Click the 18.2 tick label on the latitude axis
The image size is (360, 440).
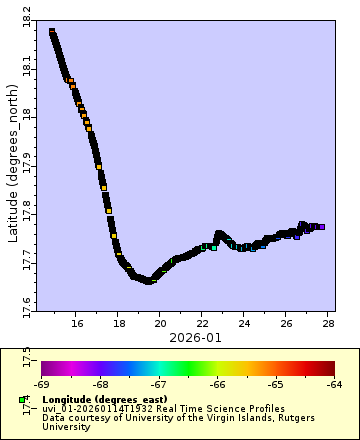pyautogui.click(x=26, y=17)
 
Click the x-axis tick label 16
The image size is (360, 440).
pyautogui.click(x=75, y=323)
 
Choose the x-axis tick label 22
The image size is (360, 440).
pyautogui.click(x=202, y=323)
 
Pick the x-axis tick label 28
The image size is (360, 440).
pyautogui.click(x=328, y=323)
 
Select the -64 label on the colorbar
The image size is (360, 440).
pyautogui.click(x=334, y=383)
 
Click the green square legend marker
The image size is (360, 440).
pyautogui.click(x=22, y=400)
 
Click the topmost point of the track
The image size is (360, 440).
pyautogui.click(x=52, y=32)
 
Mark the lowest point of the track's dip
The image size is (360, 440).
pyautogui.click(x=149, y=281)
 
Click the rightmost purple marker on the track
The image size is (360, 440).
pyautogui.click(x=321, y=227)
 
